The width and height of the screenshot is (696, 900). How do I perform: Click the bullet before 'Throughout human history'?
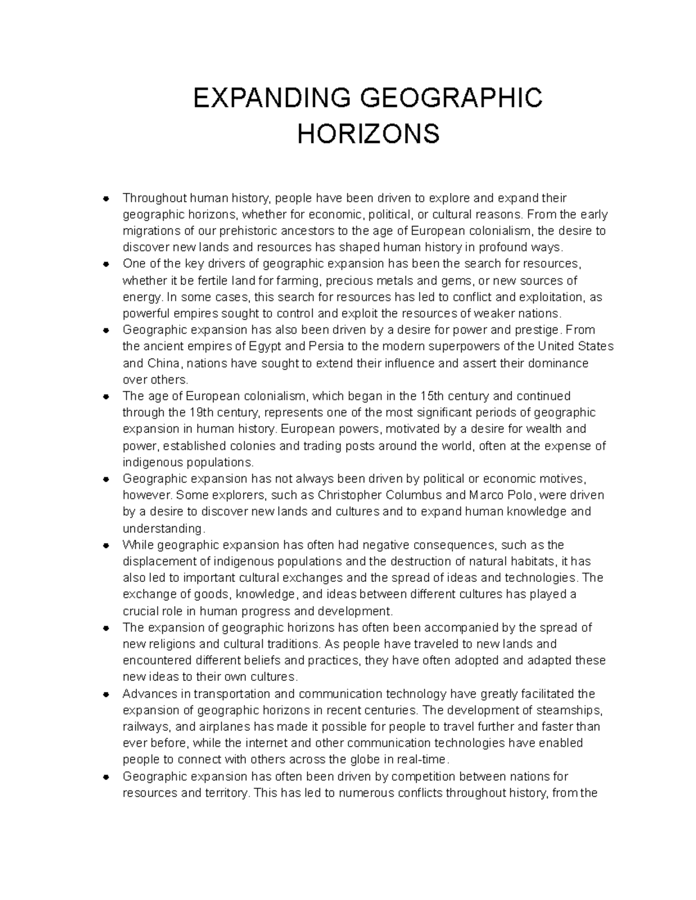coord(106,199)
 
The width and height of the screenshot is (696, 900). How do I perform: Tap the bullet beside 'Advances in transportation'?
coord(106,694)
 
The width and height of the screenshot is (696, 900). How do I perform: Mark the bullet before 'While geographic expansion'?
coord(106,545)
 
